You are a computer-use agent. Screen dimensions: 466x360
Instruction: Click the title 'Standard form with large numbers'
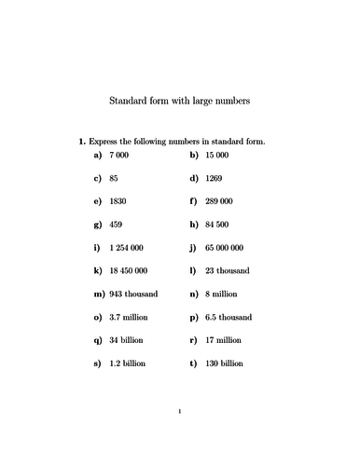point(180,100)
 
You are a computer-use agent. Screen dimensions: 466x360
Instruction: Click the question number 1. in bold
point(82,141)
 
